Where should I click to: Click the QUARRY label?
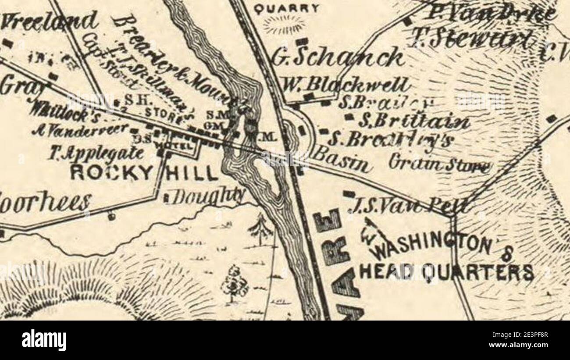tap(287, 8)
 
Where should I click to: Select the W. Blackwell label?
tap(346, 84)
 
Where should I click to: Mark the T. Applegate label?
tap(96, 153)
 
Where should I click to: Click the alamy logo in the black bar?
tap(44, 340)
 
